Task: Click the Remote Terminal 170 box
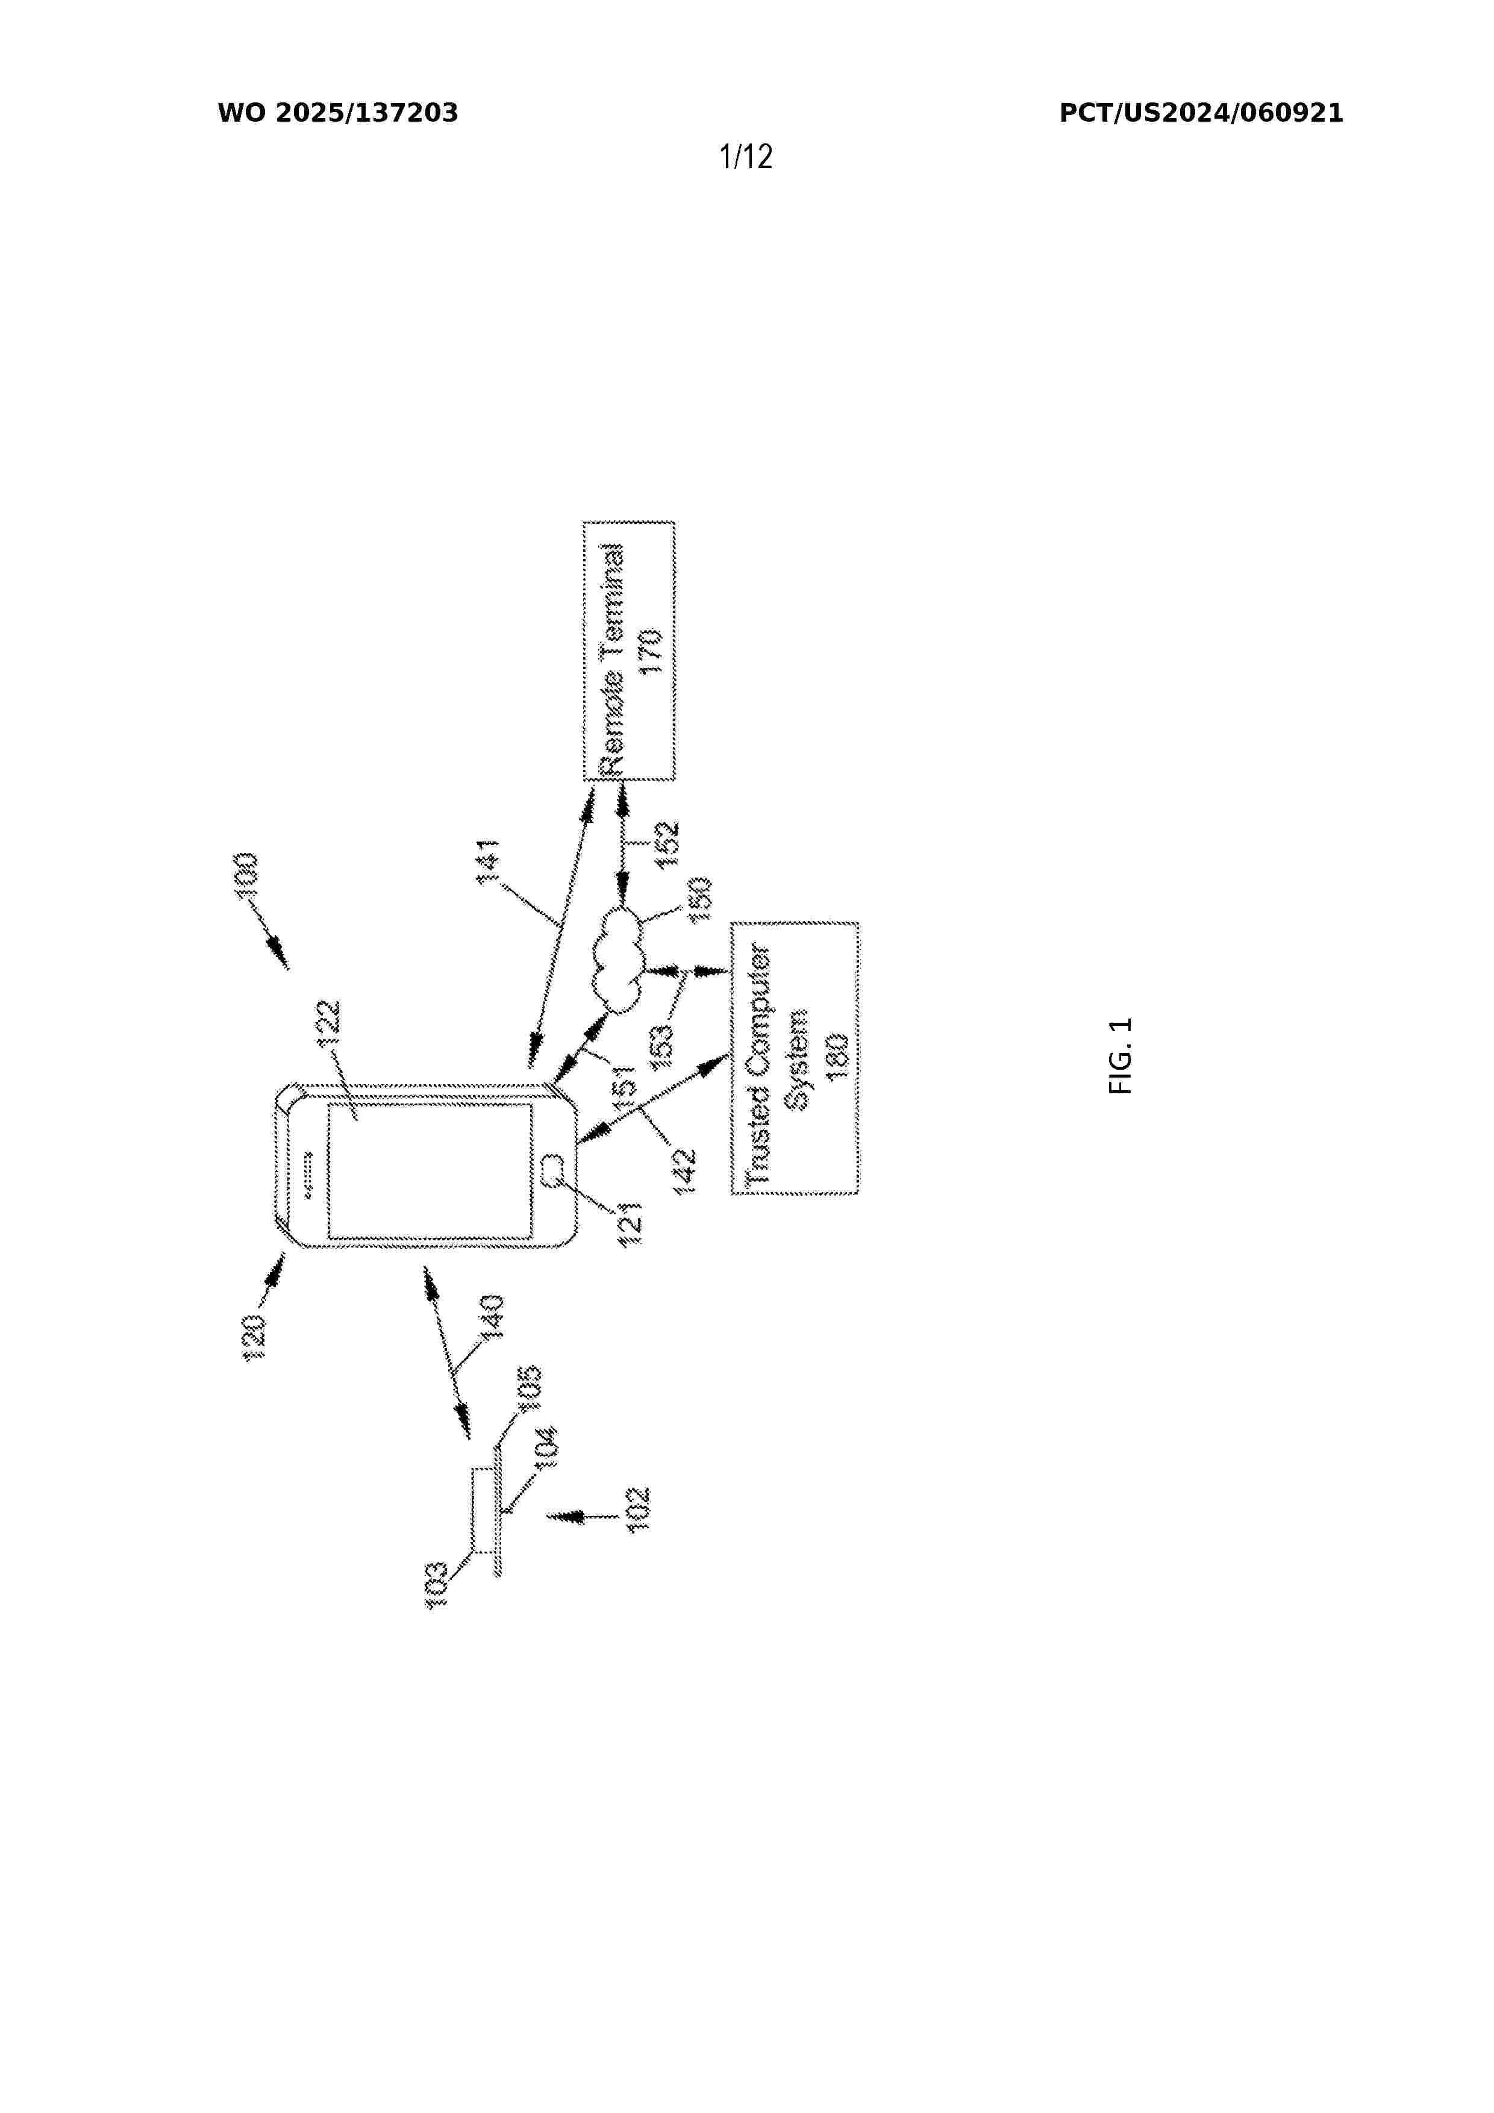(629, 651)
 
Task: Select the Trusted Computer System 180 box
(795, 1058)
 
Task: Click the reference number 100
(247, 878)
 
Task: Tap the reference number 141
(488, 861)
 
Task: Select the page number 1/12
(746, 157)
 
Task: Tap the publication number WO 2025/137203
(338, 113)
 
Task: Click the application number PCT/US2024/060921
(1201, 113)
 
